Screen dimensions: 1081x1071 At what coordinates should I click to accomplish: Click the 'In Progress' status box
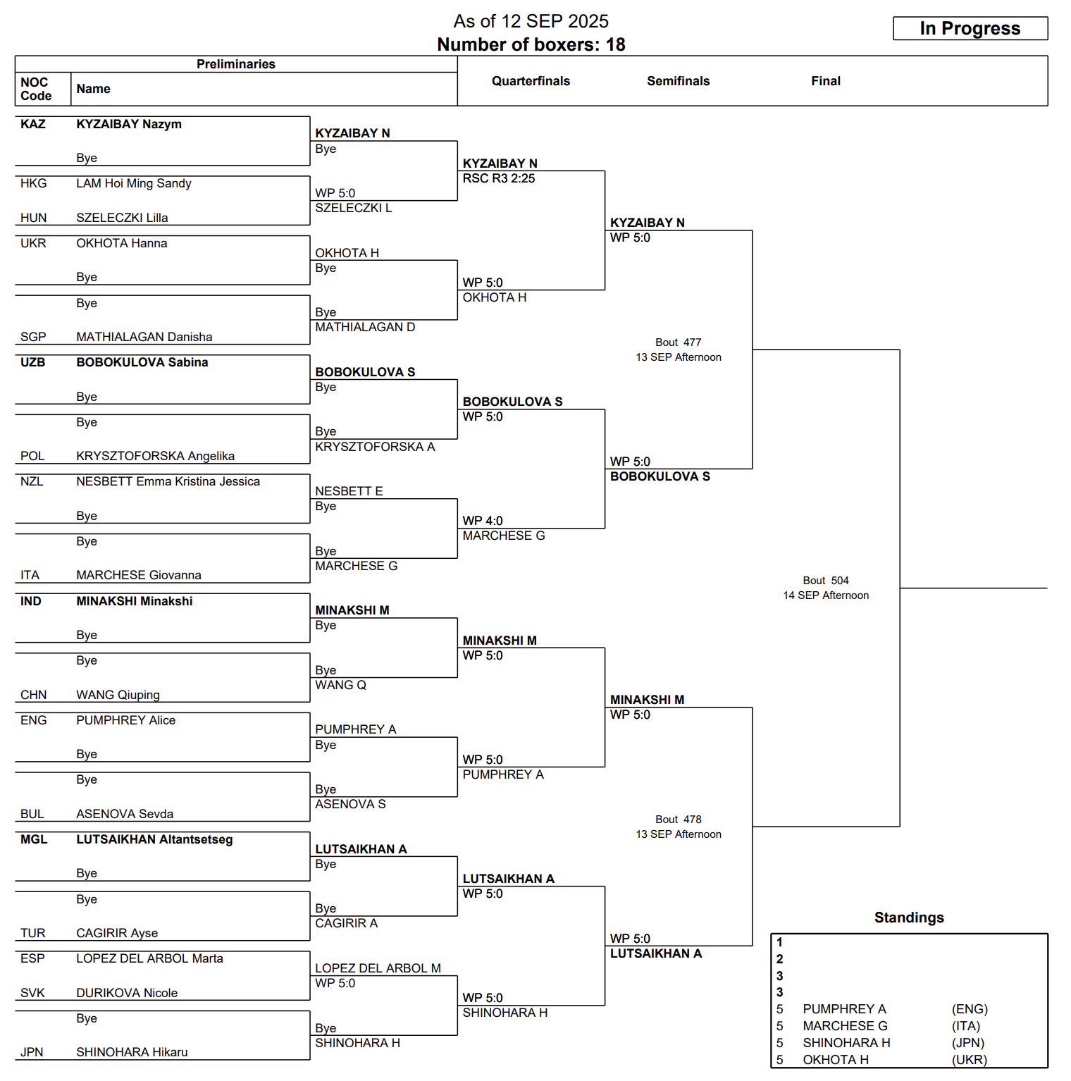970,28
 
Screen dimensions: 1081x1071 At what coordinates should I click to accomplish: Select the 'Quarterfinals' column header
531,81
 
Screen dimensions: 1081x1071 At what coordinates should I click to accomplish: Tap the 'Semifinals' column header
678,81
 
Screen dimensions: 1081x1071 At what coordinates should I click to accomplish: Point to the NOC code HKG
33,183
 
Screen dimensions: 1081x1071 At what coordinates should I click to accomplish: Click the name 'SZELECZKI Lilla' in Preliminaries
122,218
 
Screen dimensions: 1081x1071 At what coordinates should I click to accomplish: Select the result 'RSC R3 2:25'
498,178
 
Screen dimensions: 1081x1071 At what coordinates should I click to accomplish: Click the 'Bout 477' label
678,342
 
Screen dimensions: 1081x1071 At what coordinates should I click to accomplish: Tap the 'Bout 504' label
825,581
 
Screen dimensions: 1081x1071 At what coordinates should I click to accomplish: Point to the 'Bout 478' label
678,820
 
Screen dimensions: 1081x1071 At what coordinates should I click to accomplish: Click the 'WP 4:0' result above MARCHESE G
483,521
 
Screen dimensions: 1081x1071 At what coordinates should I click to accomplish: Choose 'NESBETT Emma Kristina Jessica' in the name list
168,481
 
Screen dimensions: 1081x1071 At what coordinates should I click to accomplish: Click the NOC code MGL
34,839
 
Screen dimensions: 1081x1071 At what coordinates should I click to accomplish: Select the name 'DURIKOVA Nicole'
127,993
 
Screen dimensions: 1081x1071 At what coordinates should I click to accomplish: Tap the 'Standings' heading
908,918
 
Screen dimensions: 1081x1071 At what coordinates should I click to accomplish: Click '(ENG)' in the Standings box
970,1009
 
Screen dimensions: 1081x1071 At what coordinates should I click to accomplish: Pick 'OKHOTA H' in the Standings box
835,1060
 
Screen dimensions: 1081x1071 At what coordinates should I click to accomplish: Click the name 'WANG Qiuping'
118,695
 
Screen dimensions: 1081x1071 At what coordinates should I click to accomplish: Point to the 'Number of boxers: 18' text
531,44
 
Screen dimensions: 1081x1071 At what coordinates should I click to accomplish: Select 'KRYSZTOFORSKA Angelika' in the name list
155,456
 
